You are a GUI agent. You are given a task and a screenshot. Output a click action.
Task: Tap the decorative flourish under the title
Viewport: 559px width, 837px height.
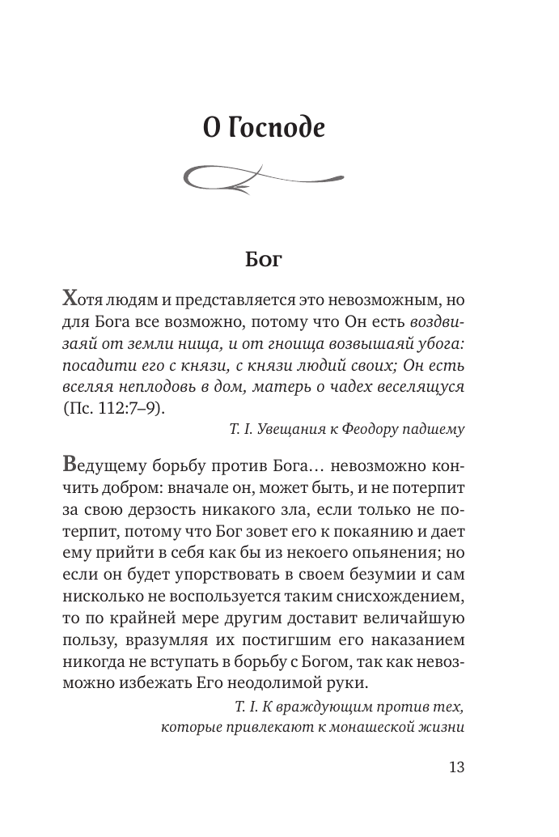[x=264, y=176]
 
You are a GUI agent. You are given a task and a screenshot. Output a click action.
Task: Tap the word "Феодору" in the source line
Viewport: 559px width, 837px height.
[x=379, y=430]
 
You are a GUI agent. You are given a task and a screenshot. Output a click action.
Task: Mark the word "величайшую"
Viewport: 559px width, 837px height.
[x=409, y=619]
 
